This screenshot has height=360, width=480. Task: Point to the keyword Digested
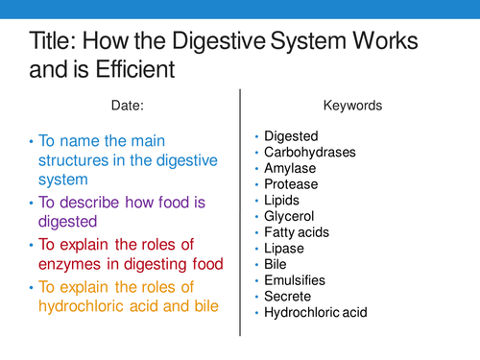[x=293, y=138]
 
